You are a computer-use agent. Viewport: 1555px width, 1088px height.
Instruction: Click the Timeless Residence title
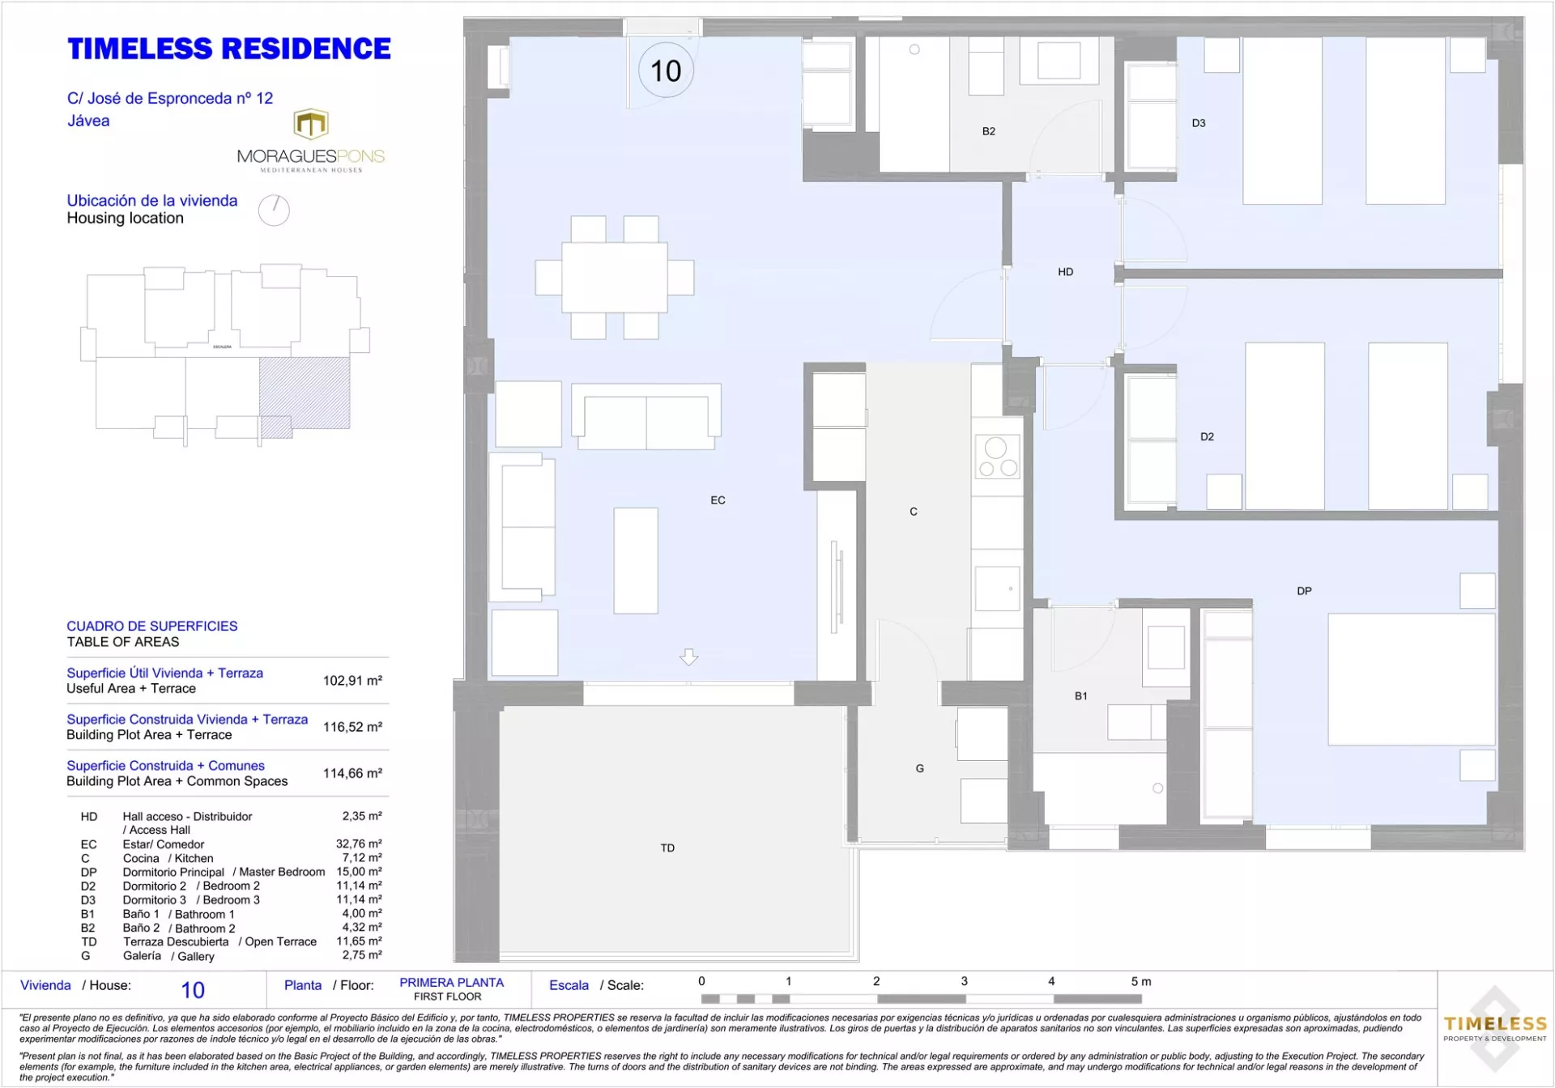click(x=229, y=49)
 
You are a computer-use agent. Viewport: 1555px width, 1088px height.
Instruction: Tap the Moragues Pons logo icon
click(x=311, y=125)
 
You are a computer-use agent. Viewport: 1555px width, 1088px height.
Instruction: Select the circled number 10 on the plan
click(x=666, y=70)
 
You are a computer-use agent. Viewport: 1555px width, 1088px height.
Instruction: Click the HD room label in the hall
click(x=1065, y=272)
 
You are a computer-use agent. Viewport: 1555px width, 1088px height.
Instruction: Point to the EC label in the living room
click(x=718, y=500)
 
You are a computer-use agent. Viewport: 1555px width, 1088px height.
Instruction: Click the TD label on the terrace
click(x=667, y=848)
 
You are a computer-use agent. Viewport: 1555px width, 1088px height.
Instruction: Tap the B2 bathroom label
click(x=988, y=131)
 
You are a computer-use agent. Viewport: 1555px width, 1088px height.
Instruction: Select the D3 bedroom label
click(x=1199, y=123)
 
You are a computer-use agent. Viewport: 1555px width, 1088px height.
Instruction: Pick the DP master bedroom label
click(x=1304, y=591)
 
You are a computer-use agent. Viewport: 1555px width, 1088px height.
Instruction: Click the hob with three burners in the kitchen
click(x=997, y=457)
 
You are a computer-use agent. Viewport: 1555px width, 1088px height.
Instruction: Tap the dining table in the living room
click(x=615, y=278)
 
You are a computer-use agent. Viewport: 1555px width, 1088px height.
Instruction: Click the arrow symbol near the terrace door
click(x=688, y=657)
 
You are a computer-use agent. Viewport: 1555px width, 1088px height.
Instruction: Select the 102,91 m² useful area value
click(x=352, y=681)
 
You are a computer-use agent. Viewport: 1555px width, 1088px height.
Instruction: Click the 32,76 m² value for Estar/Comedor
click(x=359, y=844)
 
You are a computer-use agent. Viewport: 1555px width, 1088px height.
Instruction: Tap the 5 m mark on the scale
click(x=1140, y=981)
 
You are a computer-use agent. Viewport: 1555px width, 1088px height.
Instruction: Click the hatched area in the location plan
click(x=305, y=393)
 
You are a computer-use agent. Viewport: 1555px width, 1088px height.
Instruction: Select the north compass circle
click(x=274, y=210)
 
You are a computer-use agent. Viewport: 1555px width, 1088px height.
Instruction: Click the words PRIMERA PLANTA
click(x=451, y=982)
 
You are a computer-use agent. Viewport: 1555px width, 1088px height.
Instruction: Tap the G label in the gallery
click(x=919, y=768)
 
